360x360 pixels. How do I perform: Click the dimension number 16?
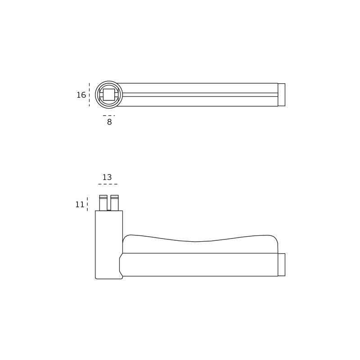81,95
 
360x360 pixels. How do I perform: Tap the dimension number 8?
109,122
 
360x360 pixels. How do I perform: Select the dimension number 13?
107,177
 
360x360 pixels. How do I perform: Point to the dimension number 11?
80,204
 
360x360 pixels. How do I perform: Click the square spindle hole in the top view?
109,94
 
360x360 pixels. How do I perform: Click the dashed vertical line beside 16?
89,94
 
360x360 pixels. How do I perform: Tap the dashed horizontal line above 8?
109,116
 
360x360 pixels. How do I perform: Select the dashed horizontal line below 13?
108,184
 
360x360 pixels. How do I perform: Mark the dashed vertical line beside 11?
87,204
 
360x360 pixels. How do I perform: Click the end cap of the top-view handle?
282,94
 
